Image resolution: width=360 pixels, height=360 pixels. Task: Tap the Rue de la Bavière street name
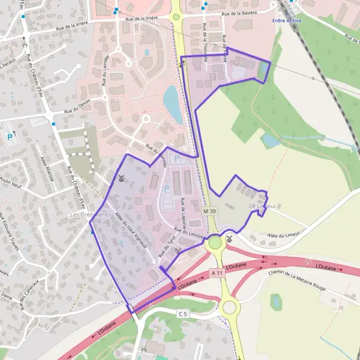239,13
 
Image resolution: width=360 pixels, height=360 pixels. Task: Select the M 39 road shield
209,211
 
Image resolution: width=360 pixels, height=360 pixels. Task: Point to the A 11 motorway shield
217,272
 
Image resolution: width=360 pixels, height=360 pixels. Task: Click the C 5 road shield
183,313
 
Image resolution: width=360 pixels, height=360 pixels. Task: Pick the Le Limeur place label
262,206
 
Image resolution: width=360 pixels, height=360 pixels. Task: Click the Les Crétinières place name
91,214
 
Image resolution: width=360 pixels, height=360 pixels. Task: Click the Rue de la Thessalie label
206,43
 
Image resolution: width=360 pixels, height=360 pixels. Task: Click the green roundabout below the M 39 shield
215,243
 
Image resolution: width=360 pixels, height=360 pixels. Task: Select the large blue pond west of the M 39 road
173,103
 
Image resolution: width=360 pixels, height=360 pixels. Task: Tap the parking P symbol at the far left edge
10,137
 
